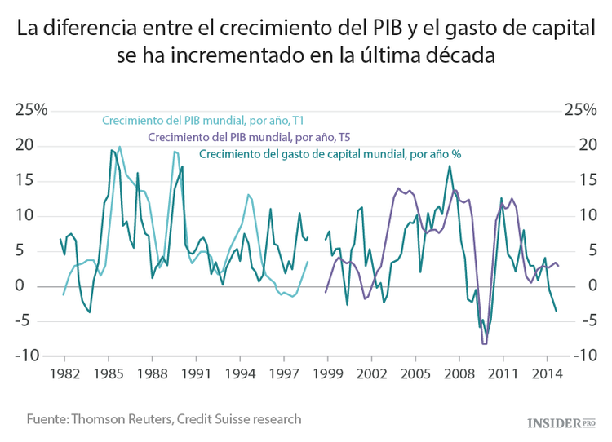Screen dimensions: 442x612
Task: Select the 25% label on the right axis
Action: (x=579, y=110)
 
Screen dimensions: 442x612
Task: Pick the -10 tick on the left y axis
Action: (x=30, y=356)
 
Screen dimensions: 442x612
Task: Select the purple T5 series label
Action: (x=255, y=137)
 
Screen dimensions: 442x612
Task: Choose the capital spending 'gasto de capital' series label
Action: (x=330, y=154)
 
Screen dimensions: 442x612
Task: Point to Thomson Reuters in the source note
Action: (x=122, y=419)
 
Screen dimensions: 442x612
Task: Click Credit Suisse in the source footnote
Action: (x=220, y=419)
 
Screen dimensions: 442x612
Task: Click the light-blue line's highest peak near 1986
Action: (x=120, y=147)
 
